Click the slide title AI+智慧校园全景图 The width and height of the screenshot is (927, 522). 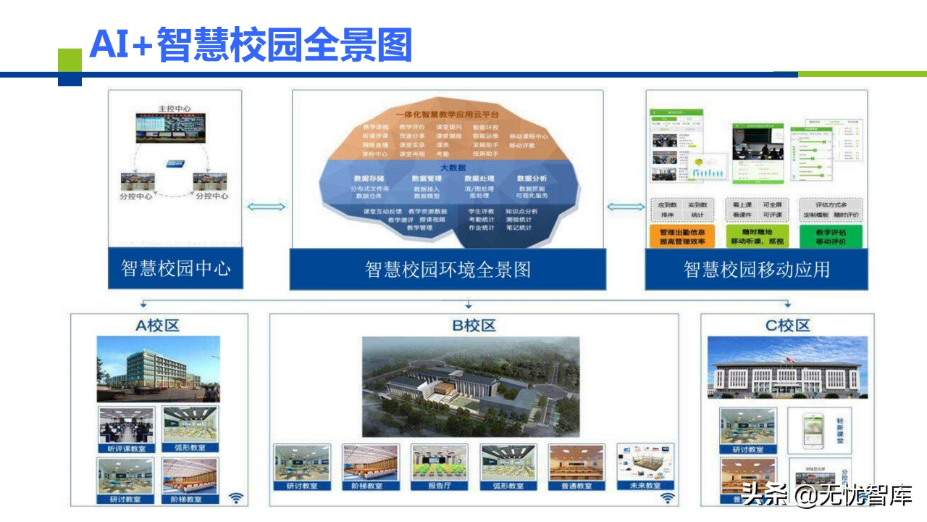click(x=250, y=44)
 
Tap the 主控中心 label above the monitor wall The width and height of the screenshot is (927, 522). click(x=175, y=109)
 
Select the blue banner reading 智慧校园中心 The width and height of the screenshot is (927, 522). click(x=175, y=268)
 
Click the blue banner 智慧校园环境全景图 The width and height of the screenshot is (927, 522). click(x=448, y=270)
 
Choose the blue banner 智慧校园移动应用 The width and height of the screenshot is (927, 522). click(x=757, y=270)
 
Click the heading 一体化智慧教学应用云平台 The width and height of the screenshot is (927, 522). click(x=447, y=115)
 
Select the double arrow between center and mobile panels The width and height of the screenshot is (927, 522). click(x=625, y=207)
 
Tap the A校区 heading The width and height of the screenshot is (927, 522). click(x=158, y=326)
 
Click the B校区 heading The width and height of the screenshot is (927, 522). click(x=474, y=326)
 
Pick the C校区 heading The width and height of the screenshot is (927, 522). click(x=787, y=326)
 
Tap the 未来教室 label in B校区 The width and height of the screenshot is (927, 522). click(x=644, y=485)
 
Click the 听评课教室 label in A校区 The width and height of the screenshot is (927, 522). click(x=126, y=448)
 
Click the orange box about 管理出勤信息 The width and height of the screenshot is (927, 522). click(x=683, y=237)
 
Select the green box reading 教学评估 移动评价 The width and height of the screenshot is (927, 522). click(x=831, y=237)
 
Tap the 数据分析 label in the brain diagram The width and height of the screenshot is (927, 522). click(x=532, y=178)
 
